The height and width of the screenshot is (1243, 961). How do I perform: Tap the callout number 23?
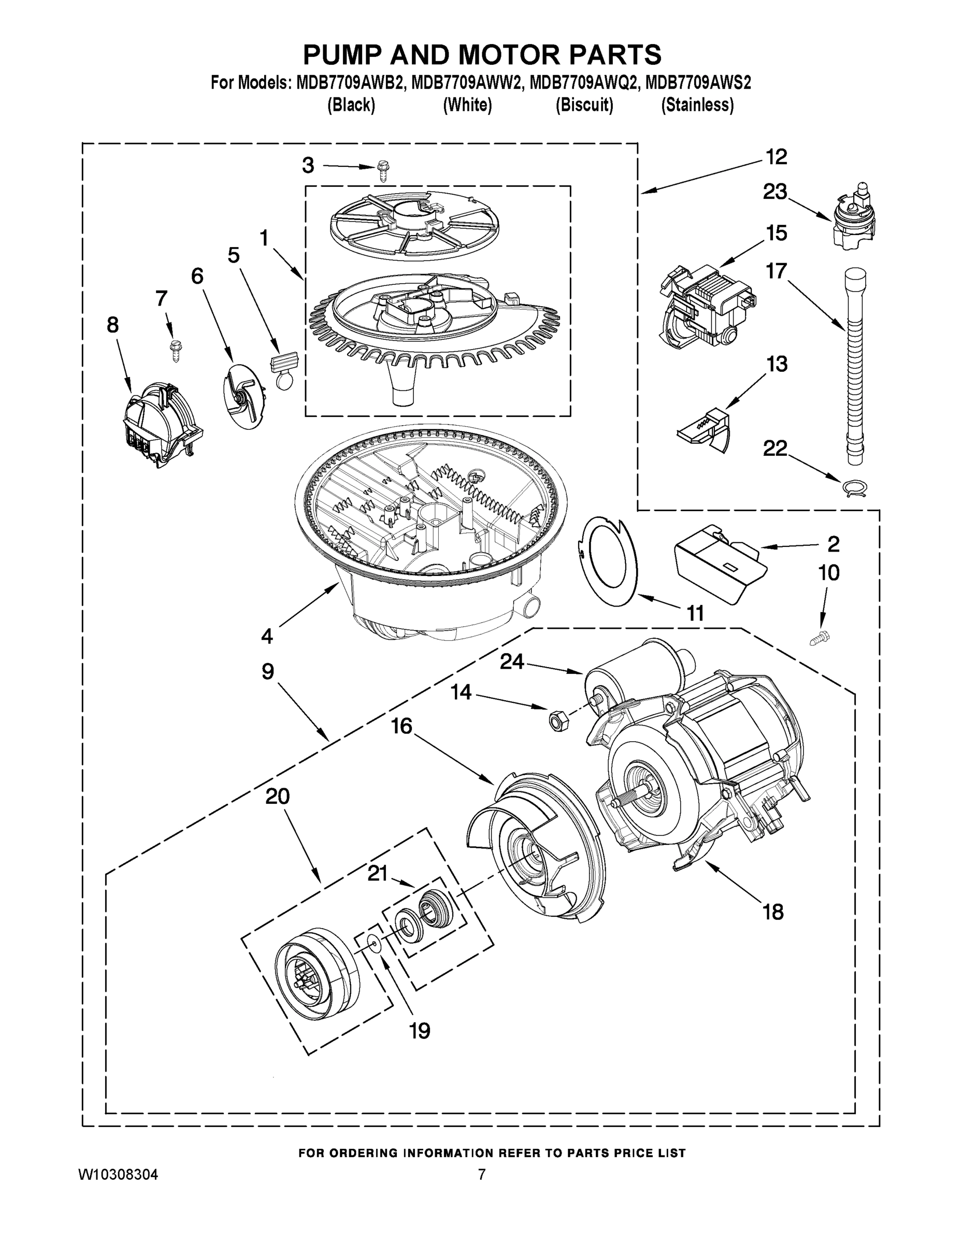(775, 192)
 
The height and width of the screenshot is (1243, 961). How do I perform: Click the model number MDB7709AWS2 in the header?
(698, 83)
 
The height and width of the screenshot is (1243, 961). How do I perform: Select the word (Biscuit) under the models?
(584, 105)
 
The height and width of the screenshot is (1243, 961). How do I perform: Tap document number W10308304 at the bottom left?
(118, 1174)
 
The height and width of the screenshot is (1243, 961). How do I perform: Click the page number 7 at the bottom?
(481, 1174)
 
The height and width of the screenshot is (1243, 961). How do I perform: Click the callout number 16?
(402, 726)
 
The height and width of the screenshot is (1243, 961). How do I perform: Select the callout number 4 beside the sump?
(267, 635)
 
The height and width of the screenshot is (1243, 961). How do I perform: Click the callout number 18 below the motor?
(773, 912)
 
